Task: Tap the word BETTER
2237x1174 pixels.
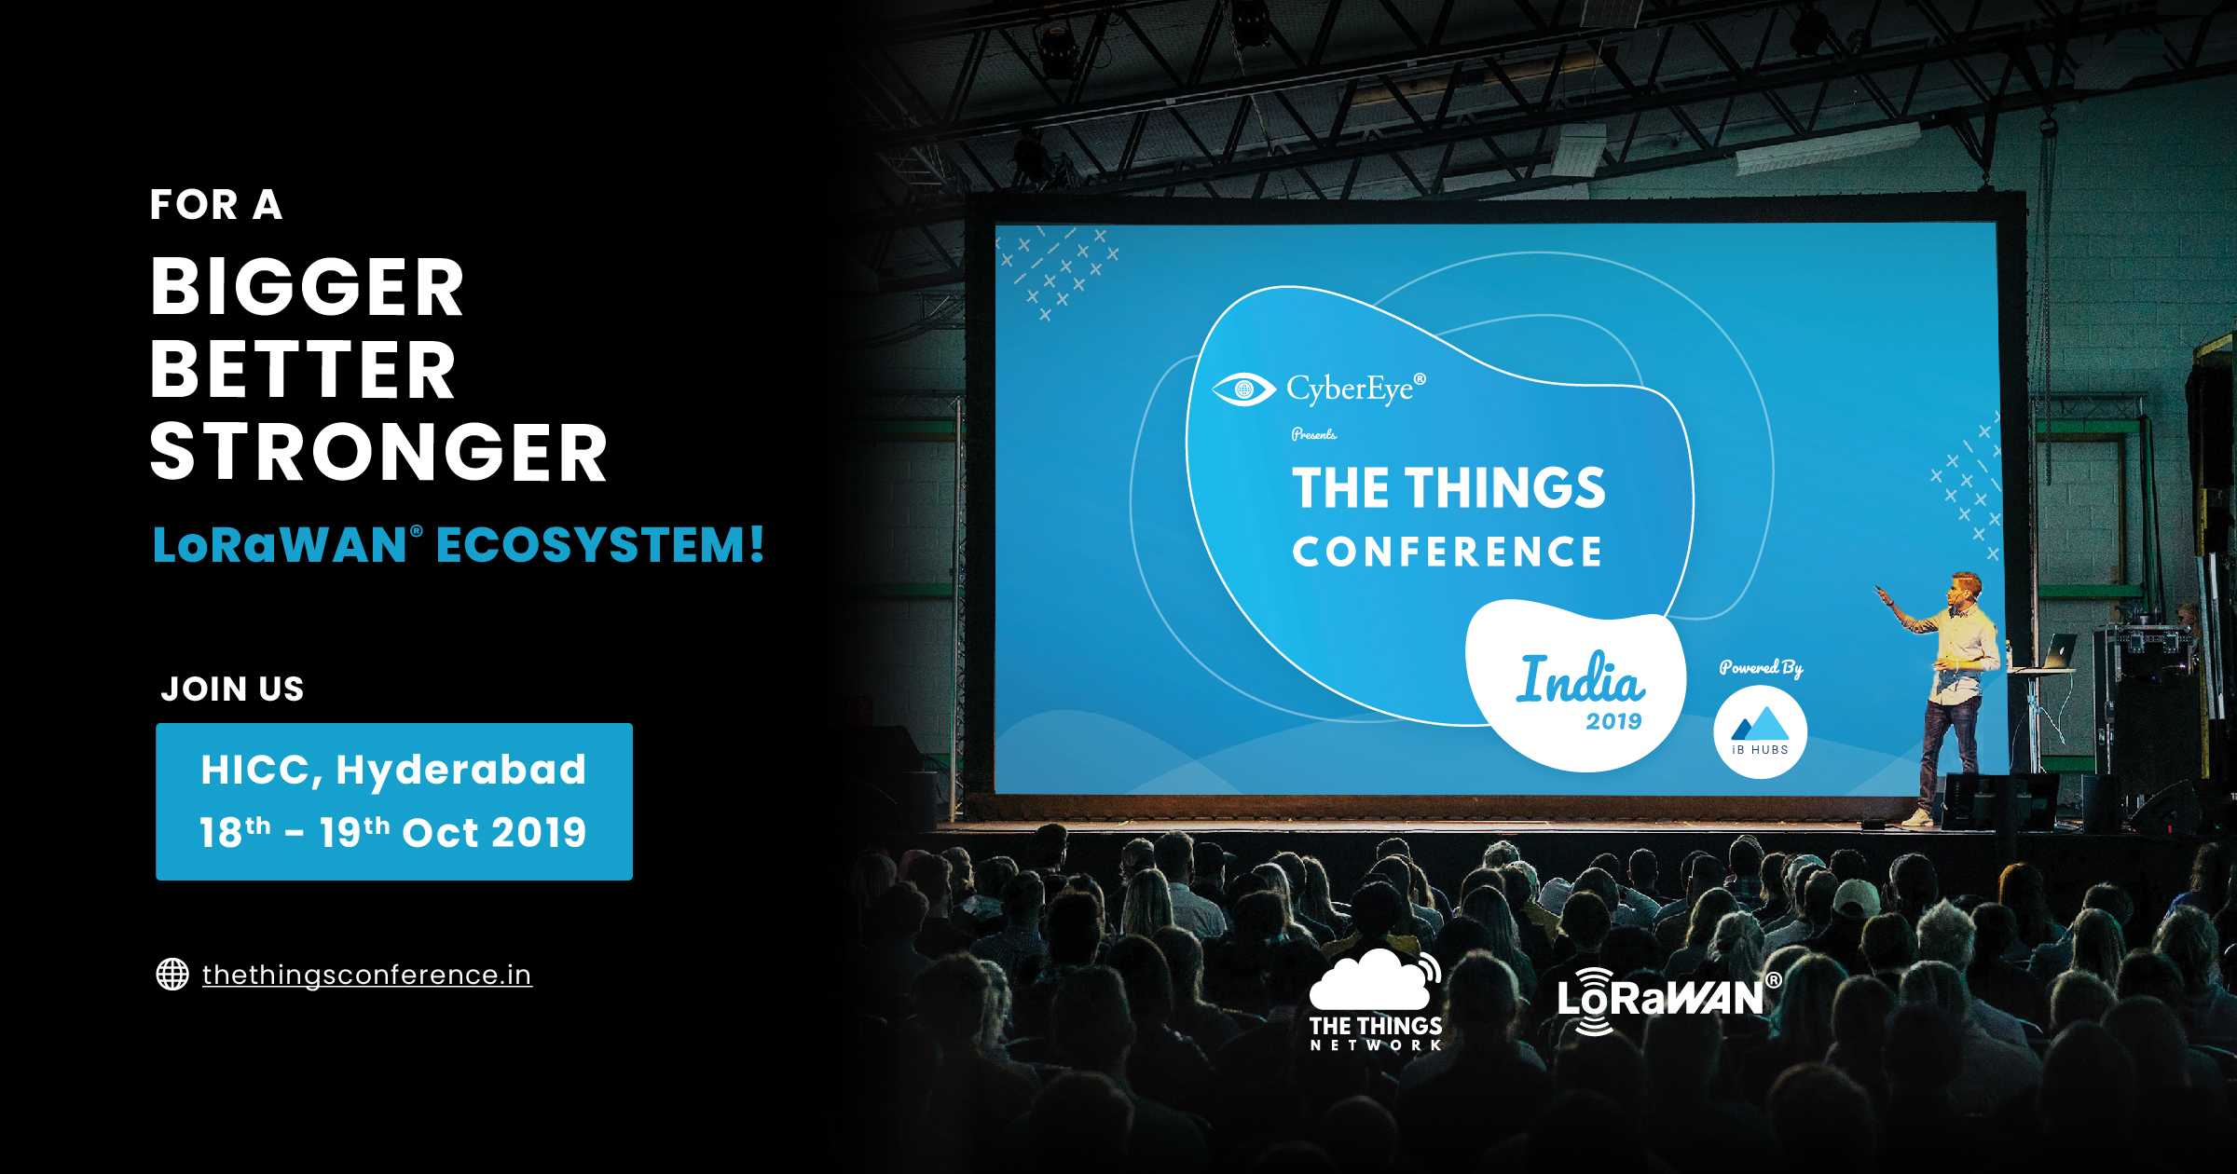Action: tap(303, 370)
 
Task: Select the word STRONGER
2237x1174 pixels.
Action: tap(378, 452)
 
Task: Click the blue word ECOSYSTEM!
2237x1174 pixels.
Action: tap(600, 545)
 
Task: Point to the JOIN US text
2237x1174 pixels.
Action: tap(233, 689)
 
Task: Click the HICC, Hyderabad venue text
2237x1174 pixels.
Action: tap(393, 771)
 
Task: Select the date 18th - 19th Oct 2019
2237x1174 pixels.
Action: tap(393, 832)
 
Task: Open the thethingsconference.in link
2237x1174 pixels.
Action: tap(367, 975)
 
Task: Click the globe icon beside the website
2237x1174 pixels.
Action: tap(172, 974)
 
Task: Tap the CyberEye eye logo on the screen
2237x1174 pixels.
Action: tap(1243, 389)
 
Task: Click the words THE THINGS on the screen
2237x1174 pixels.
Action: tap(1448, 487)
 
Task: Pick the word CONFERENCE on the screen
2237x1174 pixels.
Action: tap(1448, 552)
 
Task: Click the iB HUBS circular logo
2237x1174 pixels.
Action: tap(1761, 731)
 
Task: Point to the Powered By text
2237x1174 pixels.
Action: tap(1761, 667)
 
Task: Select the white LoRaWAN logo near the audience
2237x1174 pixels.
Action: tap(1668, 1001)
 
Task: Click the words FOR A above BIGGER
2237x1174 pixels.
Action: tap(216, 205)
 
